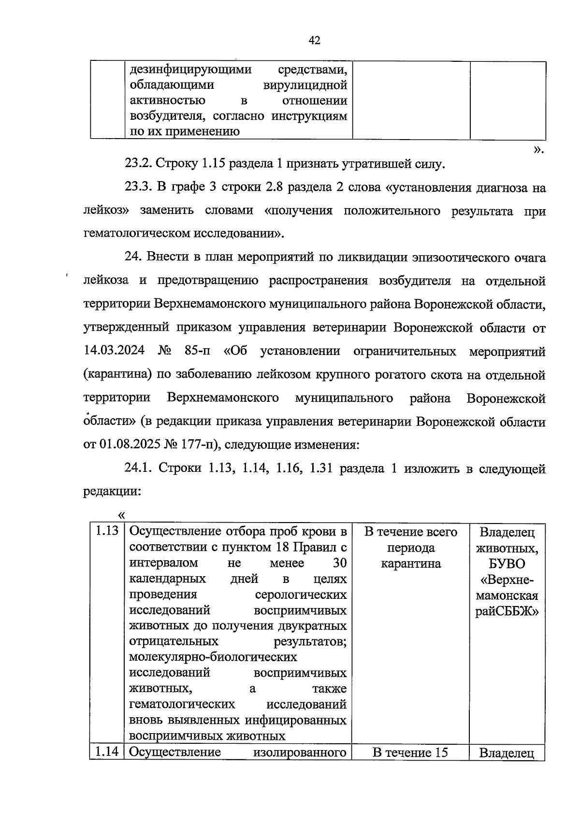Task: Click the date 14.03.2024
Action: tap(114, 351)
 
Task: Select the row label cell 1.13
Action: tap(107, 531)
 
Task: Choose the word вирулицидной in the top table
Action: tap(305, 85)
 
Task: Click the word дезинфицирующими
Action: tap(190, 70)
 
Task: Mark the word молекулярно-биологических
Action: tap(213, 657)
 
